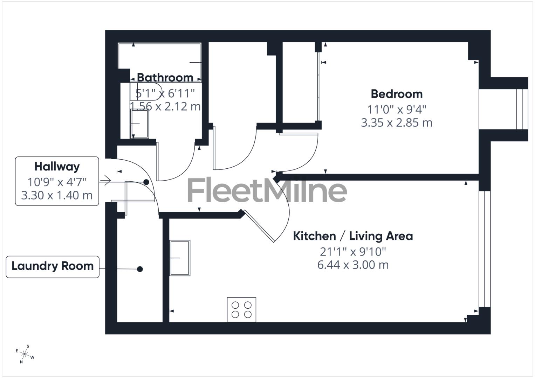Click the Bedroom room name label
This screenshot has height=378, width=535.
click(x=397, y=94)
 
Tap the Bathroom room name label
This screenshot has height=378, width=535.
click(x=165, y=77)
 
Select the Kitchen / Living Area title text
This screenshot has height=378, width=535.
click(x=353, y=236)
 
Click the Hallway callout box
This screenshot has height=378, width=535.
click(x=57, y=181)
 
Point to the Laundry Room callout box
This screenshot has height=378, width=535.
click(x=53, y=267)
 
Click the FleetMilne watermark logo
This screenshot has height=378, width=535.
click(x=267, y=191)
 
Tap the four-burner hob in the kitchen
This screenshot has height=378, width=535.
click(x=241, y=309)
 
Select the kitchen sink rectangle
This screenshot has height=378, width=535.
click(x=180, y=258)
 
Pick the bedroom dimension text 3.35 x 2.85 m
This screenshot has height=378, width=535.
click(x=397, y=123)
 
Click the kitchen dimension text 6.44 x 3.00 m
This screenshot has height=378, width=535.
click(x=353, y=265)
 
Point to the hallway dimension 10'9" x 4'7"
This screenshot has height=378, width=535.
click(x=57, y=182)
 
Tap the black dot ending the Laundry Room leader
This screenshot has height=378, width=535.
click(x=140, y=269)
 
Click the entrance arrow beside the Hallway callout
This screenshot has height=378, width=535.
click(x=105, y=181)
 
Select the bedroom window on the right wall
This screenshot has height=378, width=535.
click(x=521, y=109)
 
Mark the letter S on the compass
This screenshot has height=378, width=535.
click(x=28, y=346)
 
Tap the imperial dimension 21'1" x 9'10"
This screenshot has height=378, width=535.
click(x=353, y=251)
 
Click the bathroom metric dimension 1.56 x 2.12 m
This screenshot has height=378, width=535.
click(x=165, y=106)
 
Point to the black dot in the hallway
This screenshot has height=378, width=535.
click(x=146, y=182)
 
